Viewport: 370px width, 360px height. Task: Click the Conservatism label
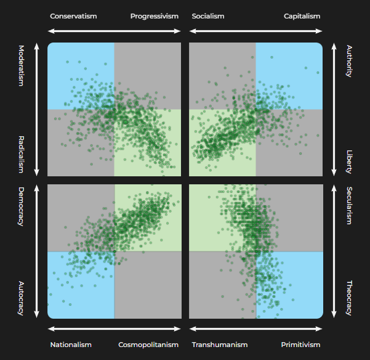tap(73, 16)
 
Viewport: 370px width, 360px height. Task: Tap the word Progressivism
tap(155, 16)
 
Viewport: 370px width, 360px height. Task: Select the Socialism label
tap(208, 16)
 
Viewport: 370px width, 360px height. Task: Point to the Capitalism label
tap(302, 16)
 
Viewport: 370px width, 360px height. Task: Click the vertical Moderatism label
tap(21, 65)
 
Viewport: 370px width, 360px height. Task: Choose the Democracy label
tap(21, 207)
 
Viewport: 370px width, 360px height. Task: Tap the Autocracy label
tap(21, 298)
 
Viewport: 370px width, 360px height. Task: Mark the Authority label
tap(349, 60)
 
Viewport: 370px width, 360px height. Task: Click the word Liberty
tap(349, 161)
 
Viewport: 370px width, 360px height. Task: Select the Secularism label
tap(349, 205)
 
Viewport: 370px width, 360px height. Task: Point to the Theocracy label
tap(349, 298)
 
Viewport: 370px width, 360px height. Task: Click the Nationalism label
tap(71, 345)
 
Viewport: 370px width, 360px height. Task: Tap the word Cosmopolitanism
tap(148, 345)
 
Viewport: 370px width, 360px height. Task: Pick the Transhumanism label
tap(220, 345)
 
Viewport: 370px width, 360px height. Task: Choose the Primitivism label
tap(300, 345)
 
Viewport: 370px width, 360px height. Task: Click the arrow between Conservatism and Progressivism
tap(114, 30)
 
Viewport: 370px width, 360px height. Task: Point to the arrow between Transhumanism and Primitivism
tap(255, 330)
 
